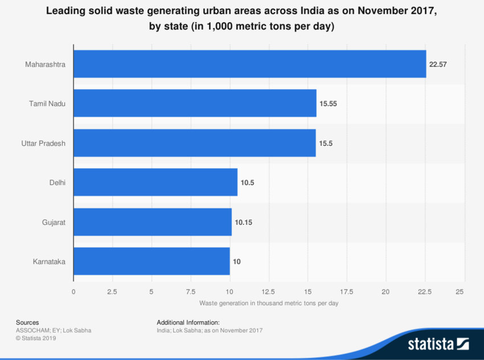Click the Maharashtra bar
(249, 64)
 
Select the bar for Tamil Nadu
(195, 104)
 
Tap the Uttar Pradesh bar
(194, 143)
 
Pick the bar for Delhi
(155, 182)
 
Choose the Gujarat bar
(152, 222)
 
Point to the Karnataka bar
(151, 261)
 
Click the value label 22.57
(438, 65)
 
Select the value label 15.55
(329, 104)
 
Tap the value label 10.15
(243, 223)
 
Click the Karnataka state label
(49, 262)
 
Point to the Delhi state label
(58, 183)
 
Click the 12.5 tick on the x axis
(269, 292)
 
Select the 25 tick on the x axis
(464, 292)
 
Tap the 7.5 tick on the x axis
(190, 292)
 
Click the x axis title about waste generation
(269, 304)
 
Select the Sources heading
(27, 322)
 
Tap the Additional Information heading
(188, 322)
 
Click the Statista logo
(437, 343)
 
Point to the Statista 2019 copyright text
(36, 338)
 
